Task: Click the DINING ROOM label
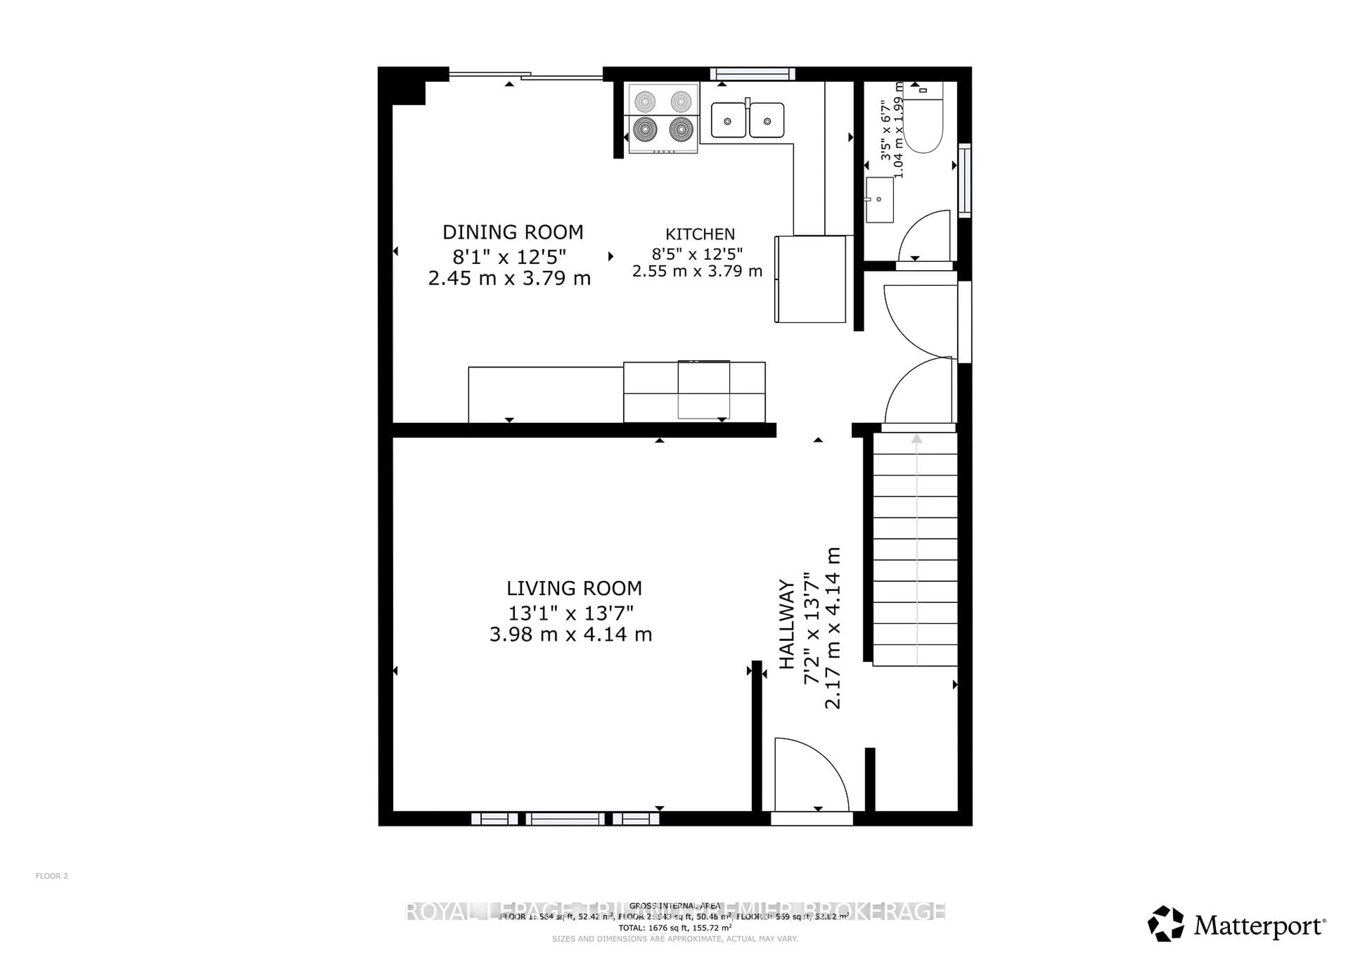coord(513,232)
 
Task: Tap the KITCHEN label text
coord(700,234)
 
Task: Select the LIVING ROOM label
coord(574,588)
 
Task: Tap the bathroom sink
coord(880,200)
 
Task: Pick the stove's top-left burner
coord(645,101)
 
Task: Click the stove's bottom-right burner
coord(681,129)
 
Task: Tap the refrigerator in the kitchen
coord(810,279)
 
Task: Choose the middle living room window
coord(565,819)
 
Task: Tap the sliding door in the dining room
coord(526,75)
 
